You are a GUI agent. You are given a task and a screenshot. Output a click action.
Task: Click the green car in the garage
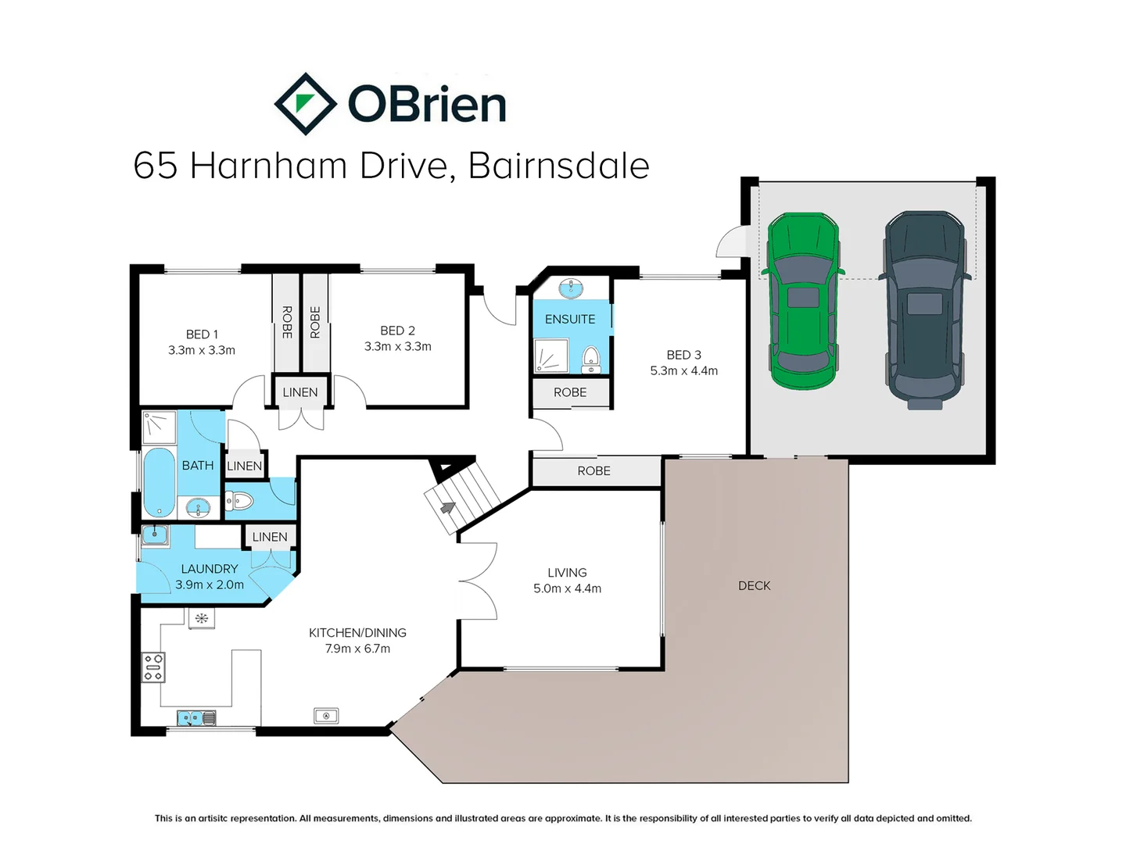(x=803, y=301)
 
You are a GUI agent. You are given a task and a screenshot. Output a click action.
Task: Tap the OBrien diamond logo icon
(x=306, y=104)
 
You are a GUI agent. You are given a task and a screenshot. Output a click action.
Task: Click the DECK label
(x=754, y=586)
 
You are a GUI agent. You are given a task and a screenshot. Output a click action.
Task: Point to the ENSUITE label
(x=570, y=320)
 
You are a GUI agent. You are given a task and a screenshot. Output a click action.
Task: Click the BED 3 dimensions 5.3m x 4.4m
(x=683, y=370)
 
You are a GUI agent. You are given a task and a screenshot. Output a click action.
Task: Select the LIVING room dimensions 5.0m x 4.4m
(x=568, y=588)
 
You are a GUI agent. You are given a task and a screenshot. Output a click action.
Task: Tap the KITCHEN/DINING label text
(x=357, y=633)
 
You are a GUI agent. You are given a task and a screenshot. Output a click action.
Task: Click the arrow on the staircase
(x=448, y=507)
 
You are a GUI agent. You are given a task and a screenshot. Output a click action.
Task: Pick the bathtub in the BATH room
(x=159, y=482)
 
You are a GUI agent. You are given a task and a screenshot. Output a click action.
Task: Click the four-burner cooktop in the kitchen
(x=153, y=667)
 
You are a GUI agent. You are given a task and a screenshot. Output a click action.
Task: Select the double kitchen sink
(x=196, y=718)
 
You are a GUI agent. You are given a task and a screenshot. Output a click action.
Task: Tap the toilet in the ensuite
(x=591, y=359)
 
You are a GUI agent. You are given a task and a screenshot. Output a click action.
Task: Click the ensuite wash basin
(x=571, y=288)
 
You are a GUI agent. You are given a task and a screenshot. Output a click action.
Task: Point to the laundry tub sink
(x=154, y=535)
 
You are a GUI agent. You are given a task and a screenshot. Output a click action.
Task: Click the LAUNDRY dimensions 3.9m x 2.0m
(x=210, y=585)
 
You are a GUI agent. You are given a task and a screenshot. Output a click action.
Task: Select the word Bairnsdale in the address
(x=558, y=166)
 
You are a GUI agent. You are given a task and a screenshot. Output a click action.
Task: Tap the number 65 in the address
(x=156, y=166)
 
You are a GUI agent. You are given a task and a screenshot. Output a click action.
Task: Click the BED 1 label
(x=202, y=334)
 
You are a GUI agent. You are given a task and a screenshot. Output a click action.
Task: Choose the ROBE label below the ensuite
(x=570, y=392)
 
